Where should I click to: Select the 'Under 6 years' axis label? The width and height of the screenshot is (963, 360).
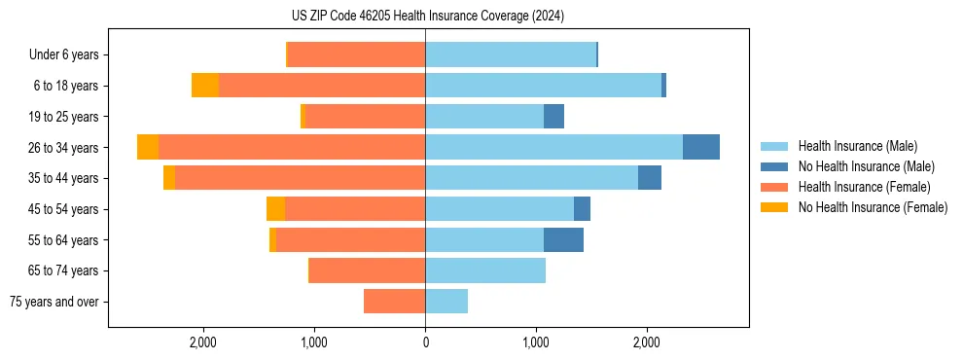pyautogui.click(x=70, y=54)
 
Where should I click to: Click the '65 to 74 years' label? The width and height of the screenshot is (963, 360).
pyautogui.click(x=66, y=270)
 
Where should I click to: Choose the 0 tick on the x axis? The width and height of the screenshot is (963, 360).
pyautogui.click(x=425, y=342)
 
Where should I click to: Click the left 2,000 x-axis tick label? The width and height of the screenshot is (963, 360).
pyautogui.click(x=203, y=342)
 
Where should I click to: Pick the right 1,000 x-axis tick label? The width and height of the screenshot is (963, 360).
pyautogui.click(x=536, y=342)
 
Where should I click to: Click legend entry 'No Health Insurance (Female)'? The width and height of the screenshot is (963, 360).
pyautogui.click(x=873, y=207)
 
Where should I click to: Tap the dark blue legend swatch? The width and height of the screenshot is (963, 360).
pyautogui.click(x=774, y=166)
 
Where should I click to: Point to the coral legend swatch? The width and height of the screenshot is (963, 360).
pyautogui.click(x=774, y=187)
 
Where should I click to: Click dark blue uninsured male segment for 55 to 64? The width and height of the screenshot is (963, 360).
pyautogui.click(x=563, y=239)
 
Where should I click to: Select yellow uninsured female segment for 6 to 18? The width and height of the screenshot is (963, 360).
pyautogui.click(x=205, y=86)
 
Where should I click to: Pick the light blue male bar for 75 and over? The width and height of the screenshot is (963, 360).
pyautogui.click(x=446, y=302)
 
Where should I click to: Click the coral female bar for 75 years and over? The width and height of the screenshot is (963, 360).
pyautogui.click(x=394, y=302)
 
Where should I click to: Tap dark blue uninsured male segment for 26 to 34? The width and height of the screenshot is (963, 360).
pyautogui.click(x=701, y=147)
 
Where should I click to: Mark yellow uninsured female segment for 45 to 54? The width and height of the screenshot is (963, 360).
pyautogui.click(x=275, y=209)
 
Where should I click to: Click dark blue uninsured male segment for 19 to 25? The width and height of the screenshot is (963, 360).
pyautogui.click(x=553, y=117)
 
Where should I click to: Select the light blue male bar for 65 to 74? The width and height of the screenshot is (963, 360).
pyautogui.click(x=485, y=270)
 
